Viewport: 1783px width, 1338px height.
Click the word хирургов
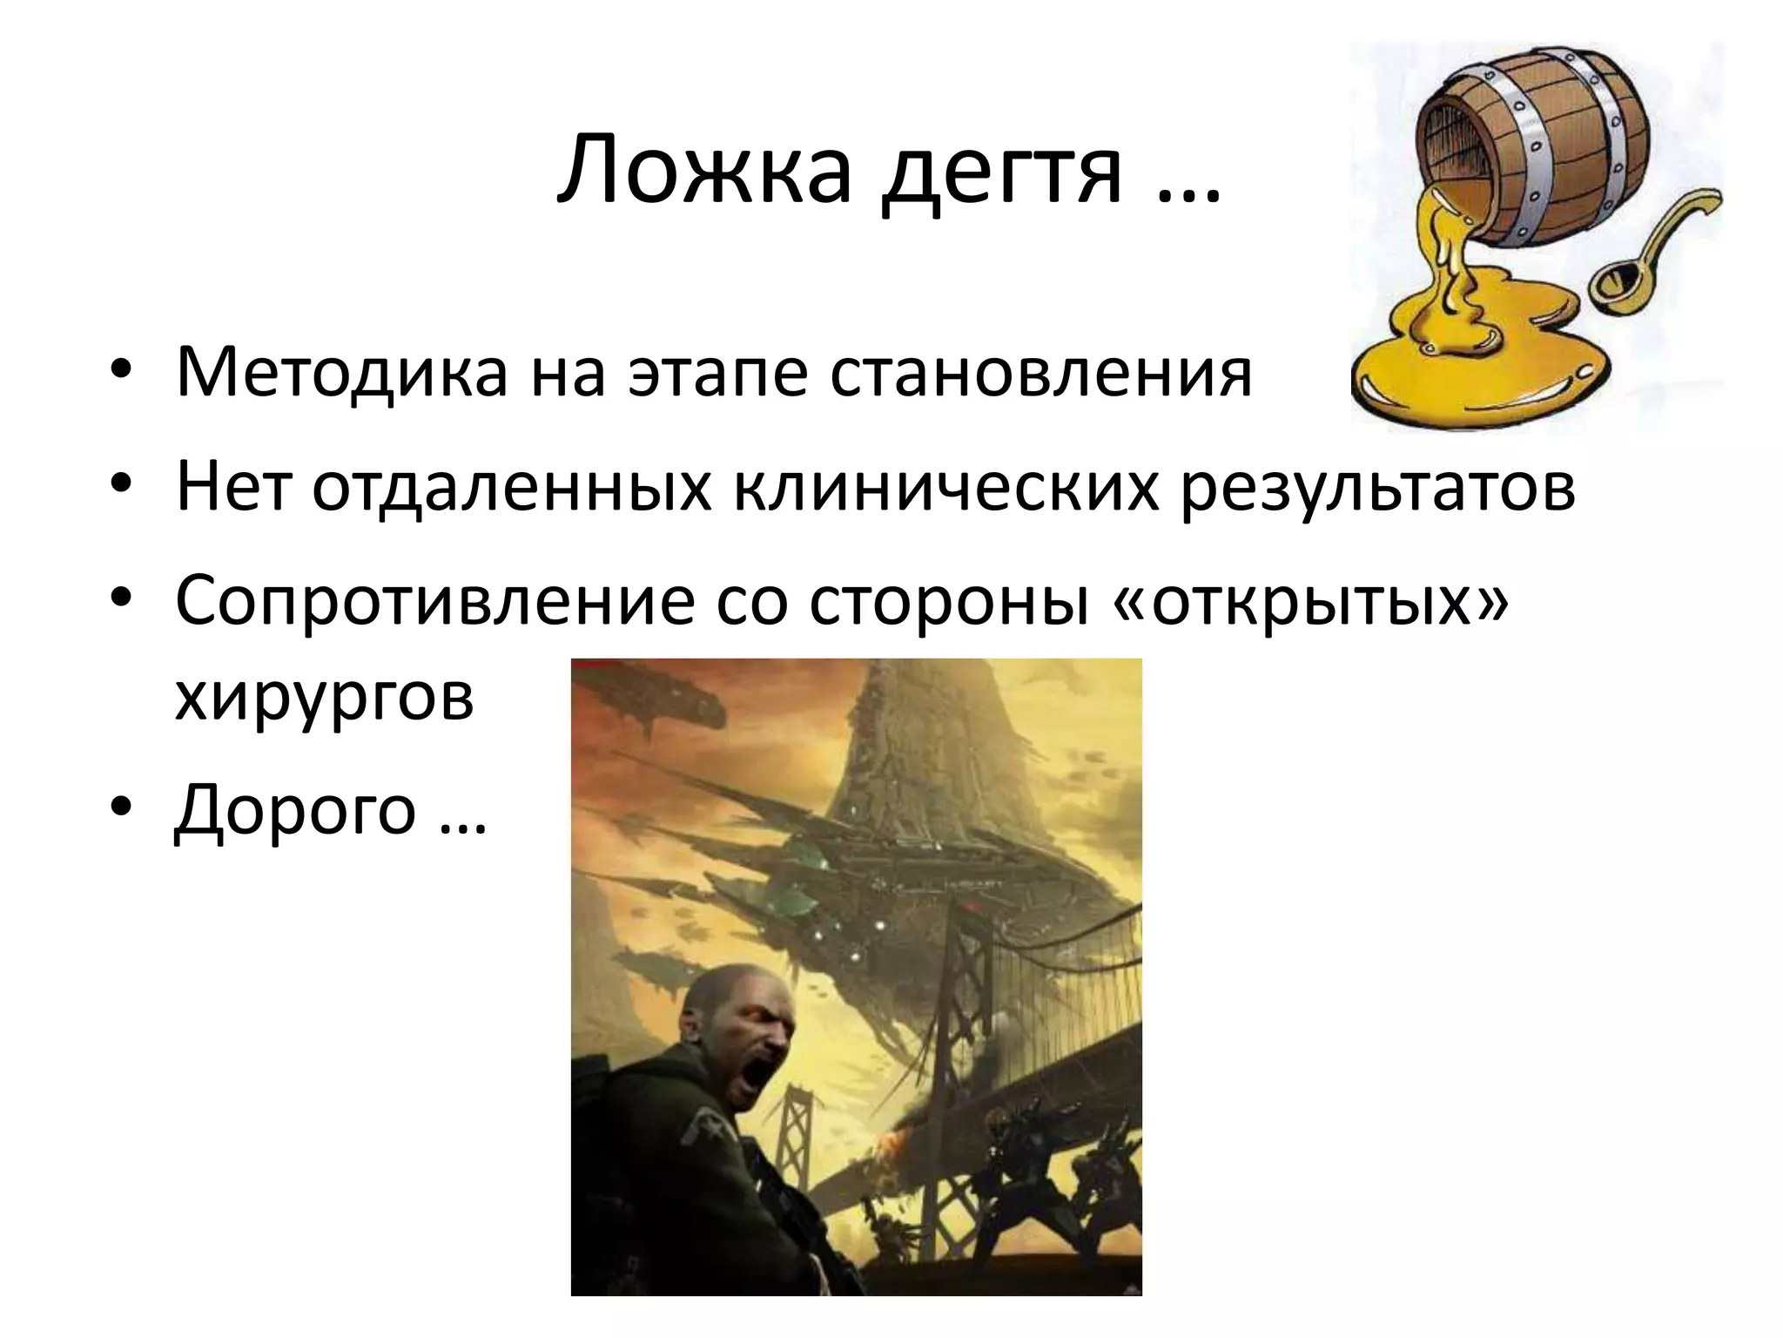324,697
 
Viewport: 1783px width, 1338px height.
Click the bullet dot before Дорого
121,808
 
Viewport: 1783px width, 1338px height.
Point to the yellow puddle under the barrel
1480,366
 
